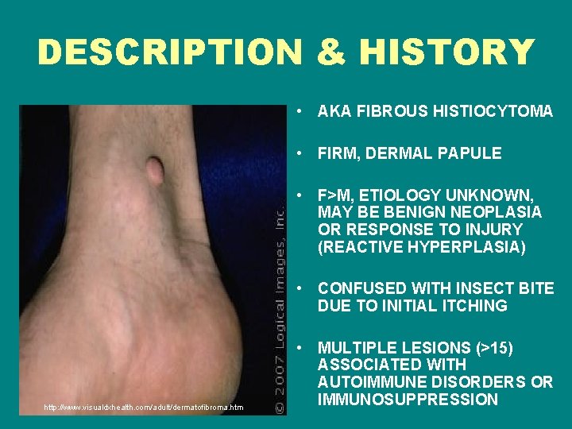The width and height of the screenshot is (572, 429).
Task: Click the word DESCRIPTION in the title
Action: click(169, 52)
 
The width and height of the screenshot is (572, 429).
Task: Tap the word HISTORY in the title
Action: click(446, 52)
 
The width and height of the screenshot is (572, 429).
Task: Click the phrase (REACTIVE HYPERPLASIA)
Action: click(421, 247)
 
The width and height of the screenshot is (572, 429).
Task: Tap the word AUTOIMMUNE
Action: click(368, 382)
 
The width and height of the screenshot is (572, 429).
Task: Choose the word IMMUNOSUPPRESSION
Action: click(408, 400)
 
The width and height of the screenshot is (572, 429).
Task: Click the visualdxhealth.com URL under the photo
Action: click(143, 408)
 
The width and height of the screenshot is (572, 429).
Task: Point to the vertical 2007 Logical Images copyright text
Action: click(280, 302)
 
